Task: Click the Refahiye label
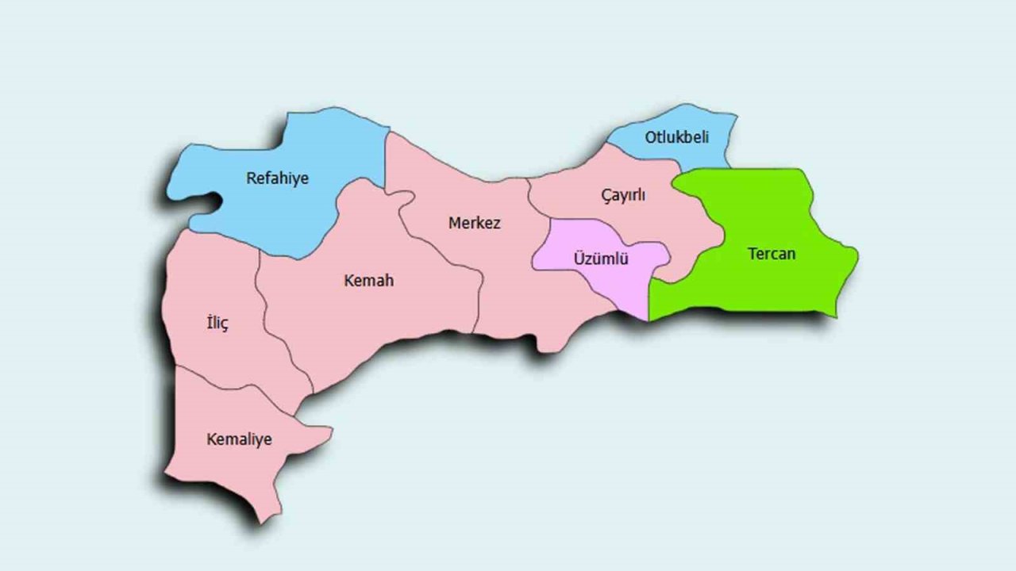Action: click(277, 178)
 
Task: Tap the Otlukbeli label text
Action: click(676, 137)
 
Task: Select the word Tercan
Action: click(771, 255)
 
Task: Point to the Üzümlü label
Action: click(601, 259)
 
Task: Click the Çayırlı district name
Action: click(623, 196)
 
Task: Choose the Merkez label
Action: click(475, 223)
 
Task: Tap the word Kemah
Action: click(368, 281)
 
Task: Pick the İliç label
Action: click(217, 323)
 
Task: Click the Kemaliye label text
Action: click(239, 439)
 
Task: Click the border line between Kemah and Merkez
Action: click(444, 250)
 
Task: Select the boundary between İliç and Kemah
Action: click(278, 349)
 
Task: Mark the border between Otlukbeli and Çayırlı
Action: click(643, 155)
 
